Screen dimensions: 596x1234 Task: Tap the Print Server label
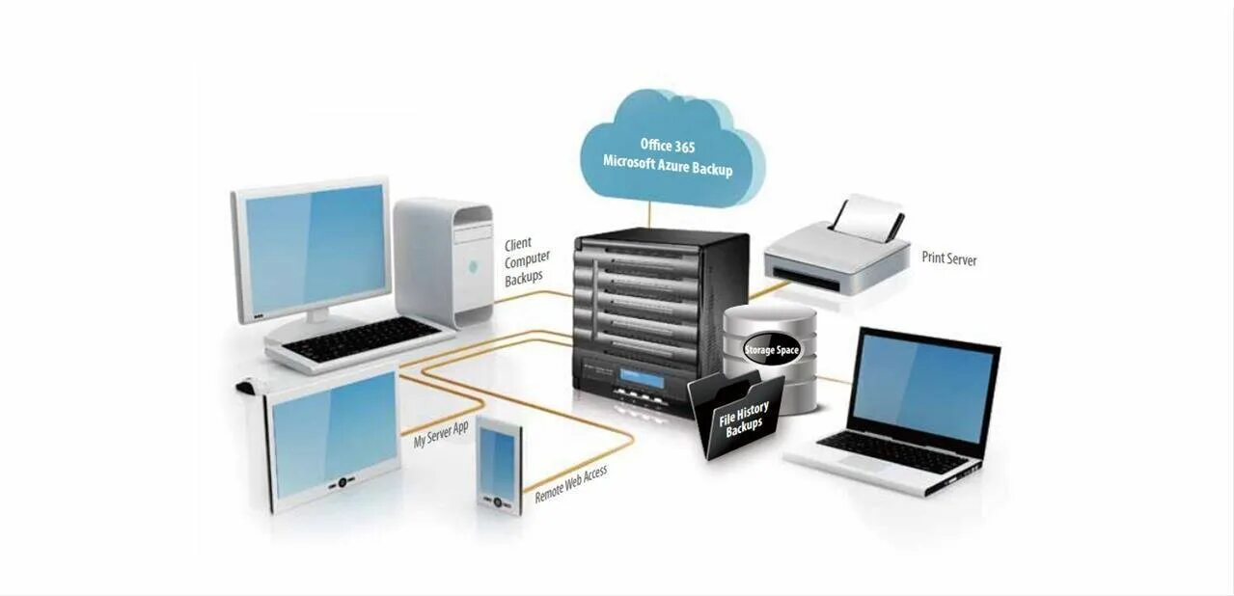tap(948, 259)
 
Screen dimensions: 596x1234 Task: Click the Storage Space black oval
tap(772, 349)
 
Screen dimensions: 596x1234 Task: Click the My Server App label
tap(441, 434)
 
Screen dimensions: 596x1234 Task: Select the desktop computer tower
tap(444, 260)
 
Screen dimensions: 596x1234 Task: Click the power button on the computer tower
tap(472, 266)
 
